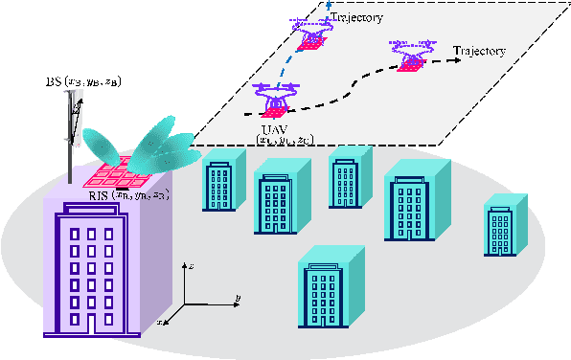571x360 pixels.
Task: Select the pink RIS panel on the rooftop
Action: point(117,173)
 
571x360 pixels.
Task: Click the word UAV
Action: point(271,128)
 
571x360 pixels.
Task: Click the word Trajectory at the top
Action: point(356,16)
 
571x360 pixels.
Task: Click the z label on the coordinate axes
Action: point(194,261)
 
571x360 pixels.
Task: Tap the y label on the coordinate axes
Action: point(237,298)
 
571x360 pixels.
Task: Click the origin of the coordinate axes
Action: point(185,304)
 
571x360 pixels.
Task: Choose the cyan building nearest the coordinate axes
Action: point(331,287)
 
